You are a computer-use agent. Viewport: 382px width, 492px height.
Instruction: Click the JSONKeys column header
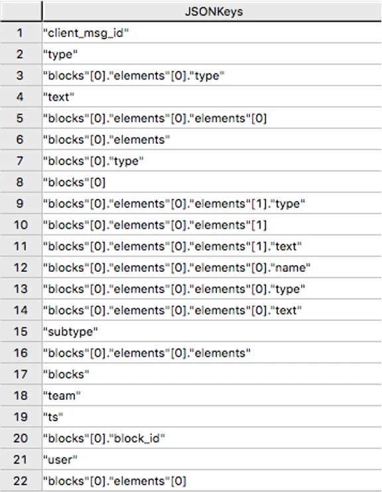pyautogui.click(x=214, y=12)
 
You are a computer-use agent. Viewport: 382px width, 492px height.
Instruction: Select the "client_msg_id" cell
pyautogui.click(x=86, y=33)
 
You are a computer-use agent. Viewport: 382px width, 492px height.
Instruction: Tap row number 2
pyautogui.click(x=20, y=54)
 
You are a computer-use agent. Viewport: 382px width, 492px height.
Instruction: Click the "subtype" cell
pyautogui.click(x=70, y=332)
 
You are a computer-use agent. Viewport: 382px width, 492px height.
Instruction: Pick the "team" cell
pyautogui.click(x=62, y=396)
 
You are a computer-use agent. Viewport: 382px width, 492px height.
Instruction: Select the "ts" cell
pyautogui.click(x=53, y=417)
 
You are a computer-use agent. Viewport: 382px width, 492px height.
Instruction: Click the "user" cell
pyautogui.click(x=60, y=460)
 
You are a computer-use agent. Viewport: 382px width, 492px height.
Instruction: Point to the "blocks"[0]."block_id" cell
pyautogui.click(x=104, y=438)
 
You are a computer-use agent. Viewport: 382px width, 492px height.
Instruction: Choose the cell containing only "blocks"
pyautogui.click(x=66, y=375)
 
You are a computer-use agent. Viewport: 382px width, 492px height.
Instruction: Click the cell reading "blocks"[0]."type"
pyautogui.click(x=94, y=161)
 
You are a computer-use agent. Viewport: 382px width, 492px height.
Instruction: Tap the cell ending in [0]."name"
pyautogui.click(x=176, y=268)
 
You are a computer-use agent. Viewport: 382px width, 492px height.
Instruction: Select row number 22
pyautogui.click(x=21, y=481)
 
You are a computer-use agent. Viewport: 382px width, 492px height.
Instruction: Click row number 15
pyautogui.click(x=21, y=332)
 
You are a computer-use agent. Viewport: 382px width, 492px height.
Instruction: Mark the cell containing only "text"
pyautogui.click(x=59, y=97)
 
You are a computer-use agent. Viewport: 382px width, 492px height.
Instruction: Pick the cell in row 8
pyautogui.click(x=74, y=182)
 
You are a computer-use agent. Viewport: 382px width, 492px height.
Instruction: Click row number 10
pyautogui.click(x=21, y=225)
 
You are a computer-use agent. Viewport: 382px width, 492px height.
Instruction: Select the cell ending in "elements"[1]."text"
pyautogui.click(x=172, y=246)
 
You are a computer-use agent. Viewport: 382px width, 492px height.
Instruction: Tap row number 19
pyautogui.click(x=21, y=417)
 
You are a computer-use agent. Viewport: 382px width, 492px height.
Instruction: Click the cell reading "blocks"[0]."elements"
pyautogui.click(x=107, y=140)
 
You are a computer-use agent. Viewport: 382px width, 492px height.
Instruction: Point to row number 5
pyautogui.click(x=20, y=118)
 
